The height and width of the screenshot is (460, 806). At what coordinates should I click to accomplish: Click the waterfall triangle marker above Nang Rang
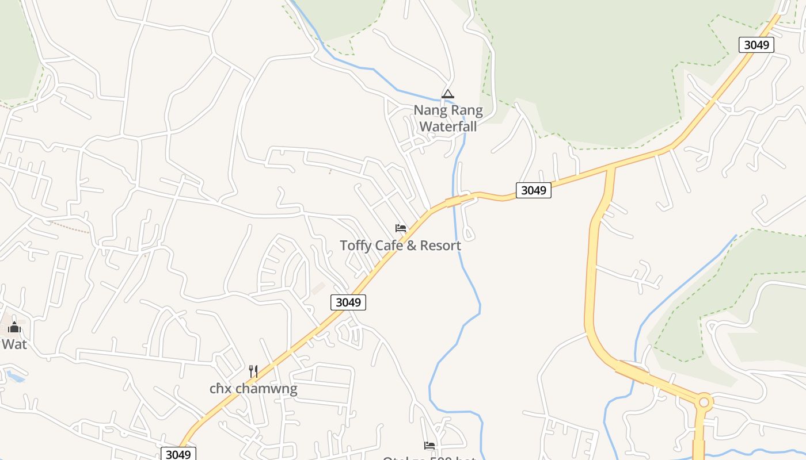[448, 94]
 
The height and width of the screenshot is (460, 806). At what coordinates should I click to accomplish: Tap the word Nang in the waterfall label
[430, 110]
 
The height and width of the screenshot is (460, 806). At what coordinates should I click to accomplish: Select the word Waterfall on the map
[448, 126]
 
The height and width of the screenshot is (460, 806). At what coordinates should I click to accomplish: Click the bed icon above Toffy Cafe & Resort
[401, 228]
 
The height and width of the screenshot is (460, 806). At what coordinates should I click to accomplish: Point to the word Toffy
[355, 246]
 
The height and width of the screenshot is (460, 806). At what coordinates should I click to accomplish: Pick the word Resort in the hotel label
[440, 246]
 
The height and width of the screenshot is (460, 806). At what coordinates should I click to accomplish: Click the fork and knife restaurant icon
[253, 371]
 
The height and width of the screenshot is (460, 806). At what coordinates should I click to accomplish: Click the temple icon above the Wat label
[14, 328]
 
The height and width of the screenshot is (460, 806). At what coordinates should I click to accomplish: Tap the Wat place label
[14, 344]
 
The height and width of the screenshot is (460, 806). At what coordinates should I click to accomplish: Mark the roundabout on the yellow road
[704, 402]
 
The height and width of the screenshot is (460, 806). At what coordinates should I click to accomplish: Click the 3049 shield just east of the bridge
[533, 190]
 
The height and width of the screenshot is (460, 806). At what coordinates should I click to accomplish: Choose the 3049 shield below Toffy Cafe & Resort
[348, 302]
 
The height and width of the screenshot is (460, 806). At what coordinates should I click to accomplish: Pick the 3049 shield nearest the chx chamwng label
[178, 454]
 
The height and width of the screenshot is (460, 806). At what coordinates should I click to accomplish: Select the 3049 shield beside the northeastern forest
[756, 45]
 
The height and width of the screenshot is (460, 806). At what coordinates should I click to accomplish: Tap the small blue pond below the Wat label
[16, 377]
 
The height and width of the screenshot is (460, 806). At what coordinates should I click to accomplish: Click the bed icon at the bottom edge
[429, 445]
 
